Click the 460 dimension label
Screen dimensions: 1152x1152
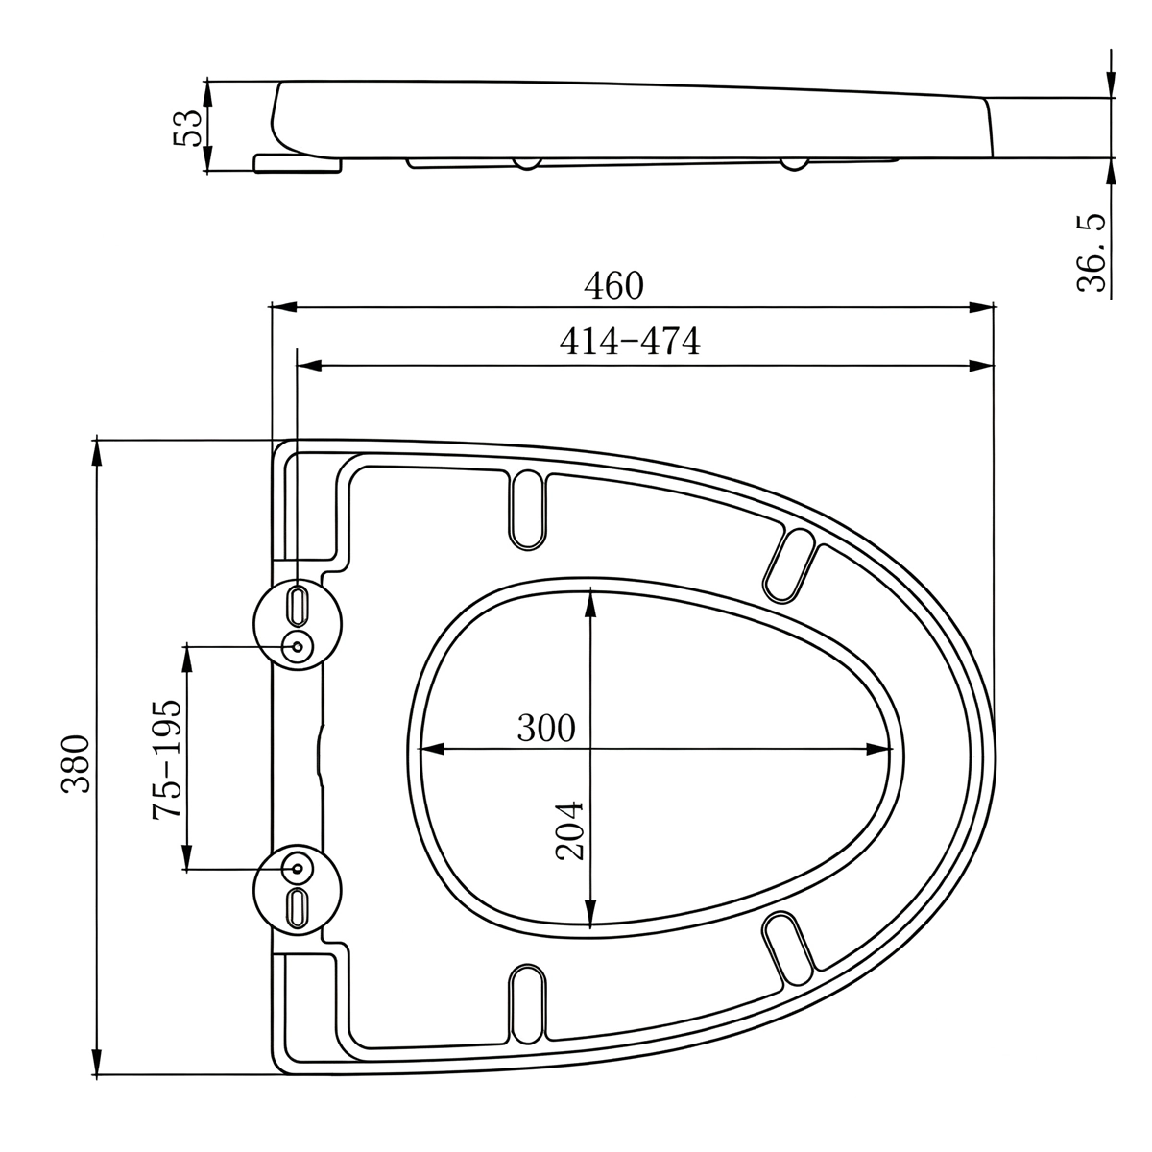[613, 286]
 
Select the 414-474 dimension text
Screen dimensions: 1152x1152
[630, 342]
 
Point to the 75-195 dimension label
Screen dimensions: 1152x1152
[167, 758]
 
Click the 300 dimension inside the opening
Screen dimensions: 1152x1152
[546, 728]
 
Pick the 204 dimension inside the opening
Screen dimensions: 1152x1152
[569, 830]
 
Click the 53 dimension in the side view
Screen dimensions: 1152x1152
[188, 128]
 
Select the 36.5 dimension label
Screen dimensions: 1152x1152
[1092, 252]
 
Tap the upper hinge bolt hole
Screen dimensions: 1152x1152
[297, 646]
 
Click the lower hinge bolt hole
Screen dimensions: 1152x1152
[297, 869]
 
